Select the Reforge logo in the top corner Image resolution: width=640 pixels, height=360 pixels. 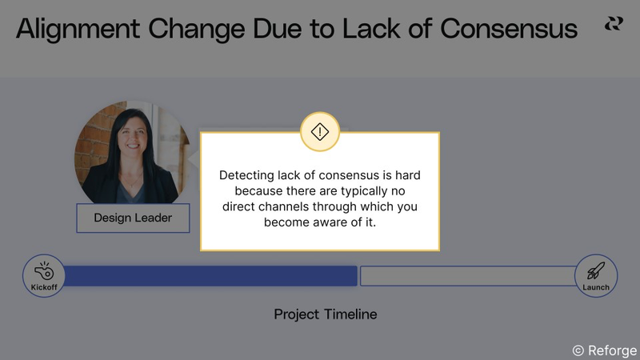point(614,25)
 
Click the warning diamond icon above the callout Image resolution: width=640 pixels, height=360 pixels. point(320,131)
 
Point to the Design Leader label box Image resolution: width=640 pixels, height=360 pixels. point(133,218)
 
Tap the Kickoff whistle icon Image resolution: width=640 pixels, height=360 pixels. point(43,272)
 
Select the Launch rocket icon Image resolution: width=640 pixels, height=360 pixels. point(596,271)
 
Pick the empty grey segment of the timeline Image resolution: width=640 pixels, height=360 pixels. point(467,276)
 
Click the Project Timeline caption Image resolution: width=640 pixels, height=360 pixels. point(326,314)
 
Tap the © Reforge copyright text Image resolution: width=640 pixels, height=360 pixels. point(605,350)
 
